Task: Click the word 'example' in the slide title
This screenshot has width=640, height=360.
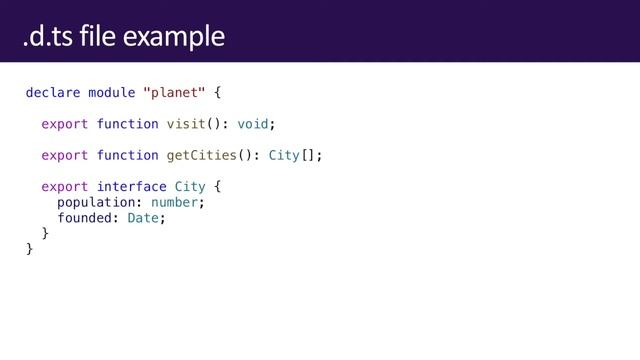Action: coord(182,37)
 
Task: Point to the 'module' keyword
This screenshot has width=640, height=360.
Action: coord(112,93)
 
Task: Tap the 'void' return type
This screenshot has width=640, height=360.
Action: coord(252,124)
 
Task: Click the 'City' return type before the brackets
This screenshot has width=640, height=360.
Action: coord(284,155)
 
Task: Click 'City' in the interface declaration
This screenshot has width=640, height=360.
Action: coord(190,186)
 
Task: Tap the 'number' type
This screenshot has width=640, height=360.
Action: coord(174,202)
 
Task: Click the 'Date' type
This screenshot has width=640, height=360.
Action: coord(143,218)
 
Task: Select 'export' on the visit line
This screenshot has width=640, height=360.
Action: coord(65,124)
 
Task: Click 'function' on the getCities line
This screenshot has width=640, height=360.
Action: coord(127,155)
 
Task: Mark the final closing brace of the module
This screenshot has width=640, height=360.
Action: coord(30,249)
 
